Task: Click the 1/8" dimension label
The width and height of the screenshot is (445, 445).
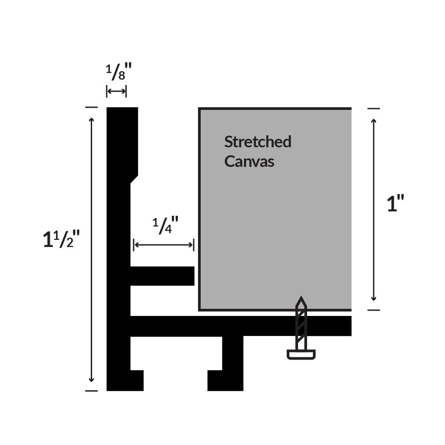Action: [x=119, y=72]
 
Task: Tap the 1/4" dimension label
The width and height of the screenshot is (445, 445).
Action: [x=166, y=225]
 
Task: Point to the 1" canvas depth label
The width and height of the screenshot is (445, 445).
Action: [x=395, y=203]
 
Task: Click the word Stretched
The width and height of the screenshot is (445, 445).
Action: [x=258, y=142]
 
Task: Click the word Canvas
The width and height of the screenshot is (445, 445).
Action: [x=249, y=162]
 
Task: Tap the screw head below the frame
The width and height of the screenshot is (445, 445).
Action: [x=301, y=355]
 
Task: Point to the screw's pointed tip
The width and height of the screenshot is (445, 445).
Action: [x=301, y=296]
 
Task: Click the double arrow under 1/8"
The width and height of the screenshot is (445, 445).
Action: [x=116, y=91]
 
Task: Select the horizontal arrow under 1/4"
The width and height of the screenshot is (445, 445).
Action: [x=164, y=245]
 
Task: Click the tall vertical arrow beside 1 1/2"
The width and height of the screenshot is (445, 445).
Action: [x=91, y=250]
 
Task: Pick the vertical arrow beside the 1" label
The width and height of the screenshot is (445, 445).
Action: [x=373, y=210]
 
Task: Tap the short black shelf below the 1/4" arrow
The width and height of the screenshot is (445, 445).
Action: [x=162, y=276]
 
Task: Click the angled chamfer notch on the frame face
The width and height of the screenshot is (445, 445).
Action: [x=134, y=179]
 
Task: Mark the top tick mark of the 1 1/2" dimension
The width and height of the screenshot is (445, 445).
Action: [x=91, y=107]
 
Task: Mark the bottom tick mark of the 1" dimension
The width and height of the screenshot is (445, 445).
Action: [x=373, y=310]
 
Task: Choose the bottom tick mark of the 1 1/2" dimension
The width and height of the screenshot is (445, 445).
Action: [x=91, y=391]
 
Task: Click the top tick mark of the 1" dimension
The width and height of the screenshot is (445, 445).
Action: [x=373, y=109]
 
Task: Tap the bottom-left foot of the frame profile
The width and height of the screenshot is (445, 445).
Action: [x=125, y=380]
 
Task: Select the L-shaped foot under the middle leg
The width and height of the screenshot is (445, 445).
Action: [x=225, y=380]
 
